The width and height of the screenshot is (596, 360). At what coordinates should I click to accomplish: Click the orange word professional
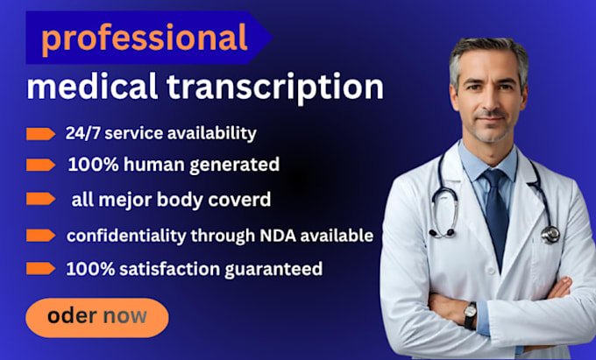coord(145,38)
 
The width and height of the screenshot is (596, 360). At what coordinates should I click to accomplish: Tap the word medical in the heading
coord(92,86)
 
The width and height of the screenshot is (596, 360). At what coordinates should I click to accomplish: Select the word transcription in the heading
coord(275,88)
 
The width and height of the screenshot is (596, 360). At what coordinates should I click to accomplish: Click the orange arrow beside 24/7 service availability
coord(40,134)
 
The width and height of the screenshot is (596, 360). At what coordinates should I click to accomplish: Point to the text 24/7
coord(83,133)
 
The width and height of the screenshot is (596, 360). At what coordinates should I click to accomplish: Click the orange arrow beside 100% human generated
coord(40,165)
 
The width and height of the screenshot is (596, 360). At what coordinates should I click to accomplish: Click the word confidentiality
coord(126,236)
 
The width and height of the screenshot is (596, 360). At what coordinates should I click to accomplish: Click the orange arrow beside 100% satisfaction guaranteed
coord(40,269)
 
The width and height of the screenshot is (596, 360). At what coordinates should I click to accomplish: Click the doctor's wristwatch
coord(470,315)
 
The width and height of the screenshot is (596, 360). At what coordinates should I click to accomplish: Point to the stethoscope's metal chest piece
coord(550,234)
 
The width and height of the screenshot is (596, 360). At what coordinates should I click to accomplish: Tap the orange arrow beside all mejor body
coord(40,199)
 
